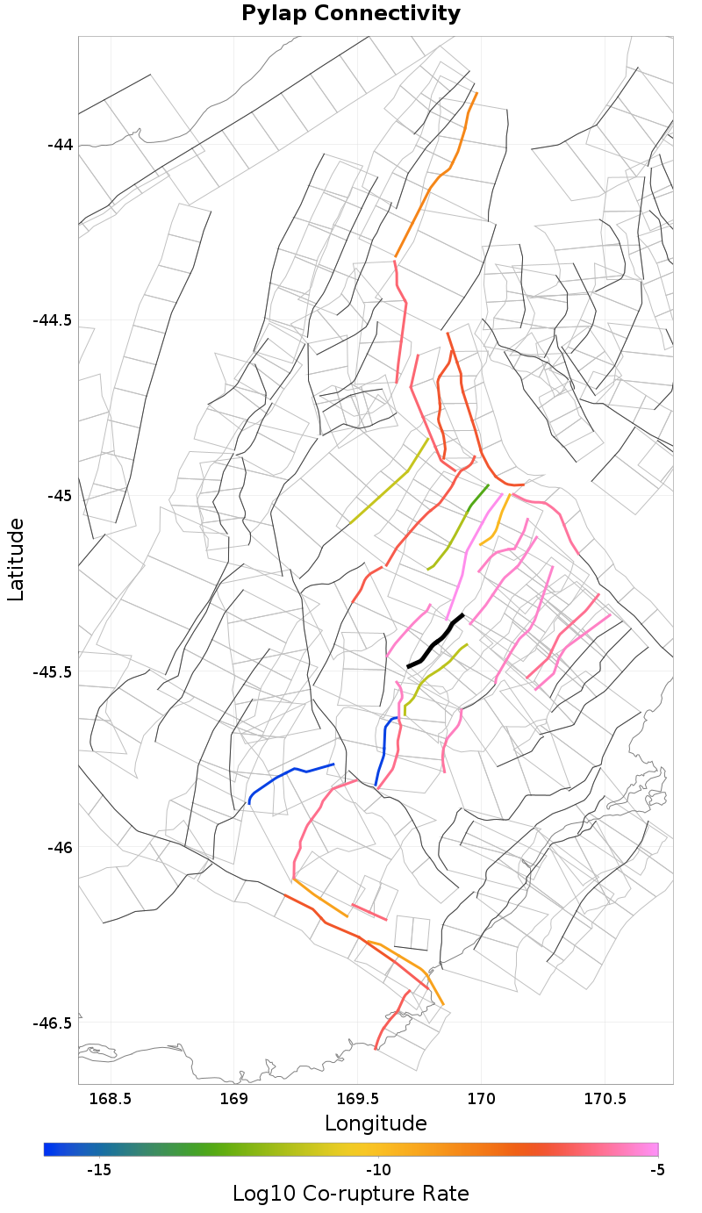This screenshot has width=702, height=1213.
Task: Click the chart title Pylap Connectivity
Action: click(351, 14)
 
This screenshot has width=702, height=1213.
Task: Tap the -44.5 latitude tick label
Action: click(54, 320)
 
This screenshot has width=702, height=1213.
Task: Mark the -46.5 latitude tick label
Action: click(54, 1023)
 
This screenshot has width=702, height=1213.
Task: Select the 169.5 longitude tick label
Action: click(358, 1099)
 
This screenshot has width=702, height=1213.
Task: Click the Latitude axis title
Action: click(16, 559)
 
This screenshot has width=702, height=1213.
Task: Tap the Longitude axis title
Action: click(376, 1123)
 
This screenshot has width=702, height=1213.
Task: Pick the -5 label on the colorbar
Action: click(656, 1170)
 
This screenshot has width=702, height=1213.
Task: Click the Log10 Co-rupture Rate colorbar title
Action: click(351, 1194)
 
